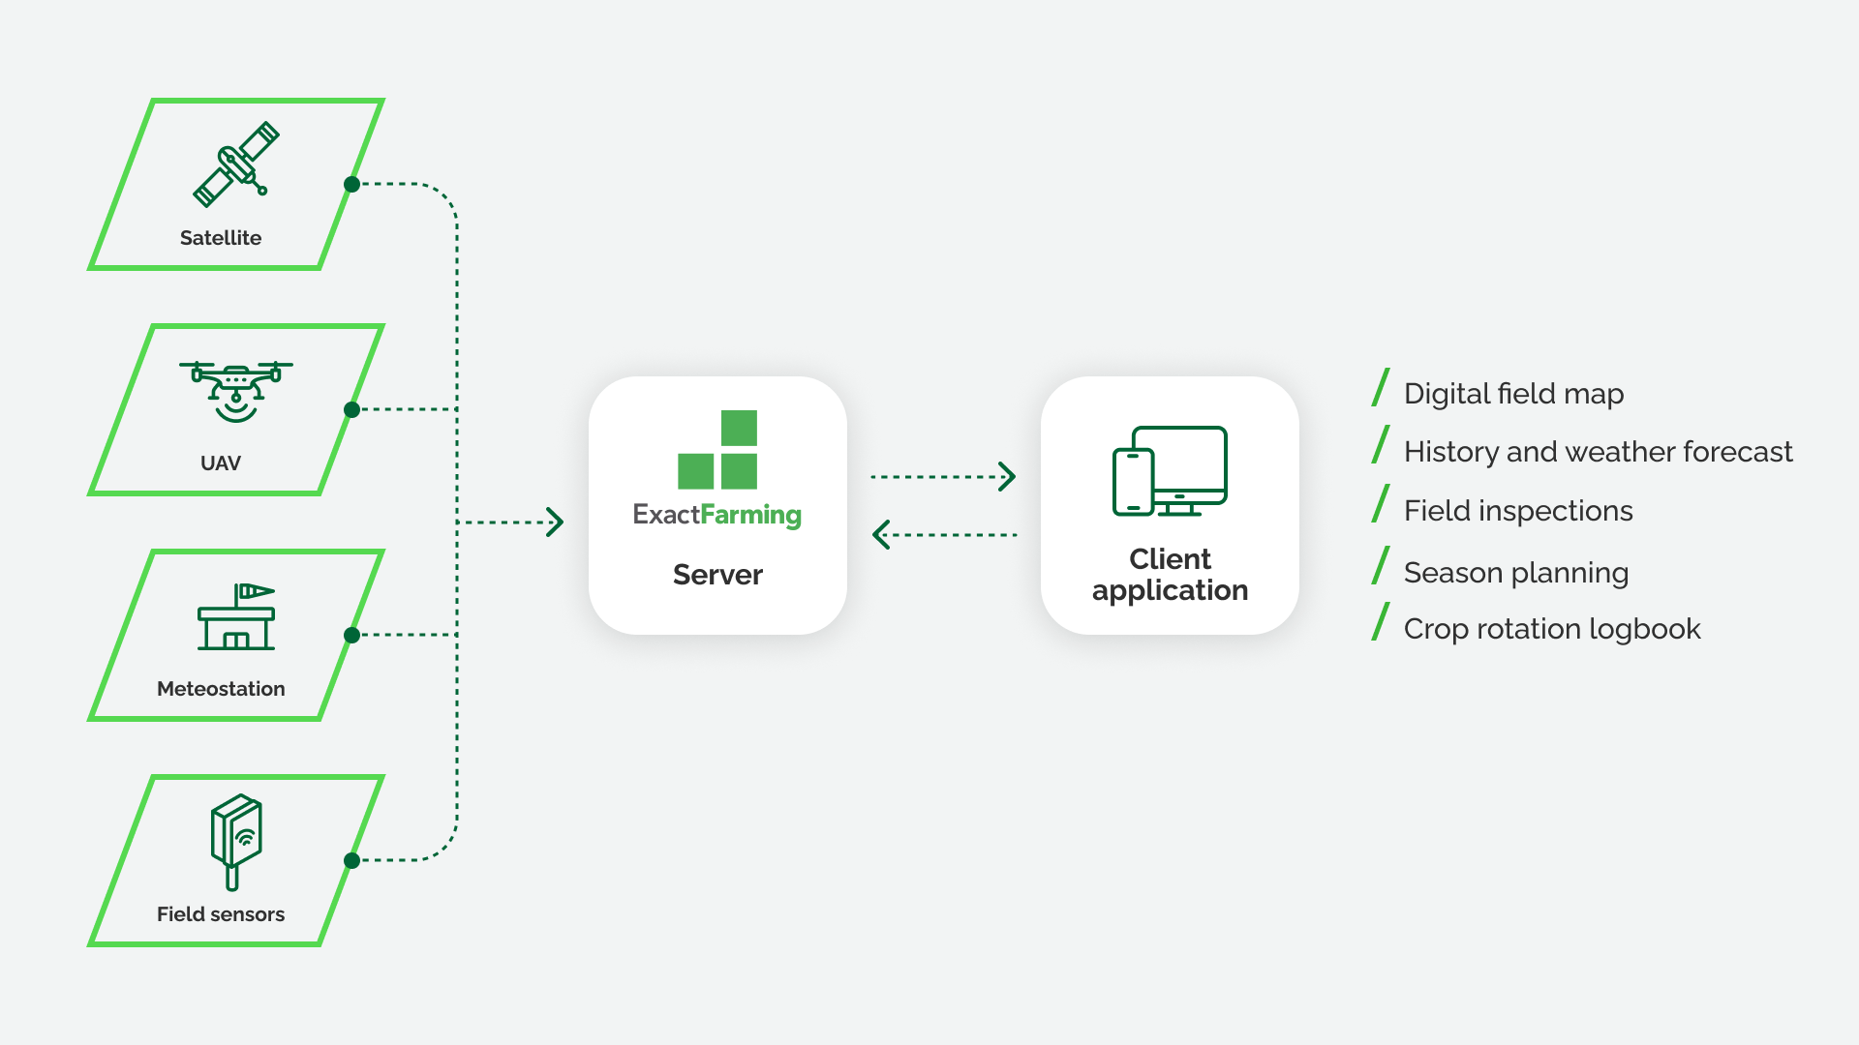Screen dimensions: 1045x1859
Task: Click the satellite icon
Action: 236,164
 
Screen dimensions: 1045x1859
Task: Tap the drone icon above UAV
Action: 235,391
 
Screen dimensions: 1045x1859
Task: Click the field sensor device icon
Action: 236,841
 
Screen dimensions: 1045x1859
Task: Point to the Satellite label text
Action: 221,238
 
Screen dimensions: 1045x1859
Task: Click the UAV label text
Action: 221,463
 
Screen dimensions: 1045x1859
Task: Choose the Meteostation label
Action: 221,689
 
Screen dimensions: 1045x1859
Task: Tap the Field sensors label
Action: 221,914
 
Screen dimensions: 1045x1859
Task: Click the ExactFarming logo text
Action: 717,515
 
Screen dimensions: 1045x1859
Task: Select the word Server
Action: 717,575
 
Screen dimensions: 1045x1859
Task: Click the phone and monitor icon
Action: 1170,471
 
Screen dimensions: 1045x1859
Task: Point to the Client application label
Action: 1170,575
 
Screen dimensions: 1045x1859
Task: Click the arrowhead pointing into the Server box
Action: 555,522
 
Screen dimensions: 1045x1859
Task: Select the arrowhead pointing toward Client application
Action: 1007,476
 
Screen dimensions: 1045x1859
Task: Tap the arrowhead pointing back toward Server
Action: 881,534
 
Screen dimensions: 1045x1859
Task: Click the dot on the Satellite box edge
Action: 352,184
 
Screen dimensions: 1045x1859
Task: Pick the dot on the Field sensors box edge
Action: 352,860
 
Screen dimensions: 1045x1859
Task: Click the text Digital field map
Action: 1513,394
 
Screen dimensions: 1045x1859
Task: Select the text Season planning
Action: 1516,573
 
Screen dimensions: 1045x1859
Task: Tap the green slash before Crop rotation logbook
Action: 1381,622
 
